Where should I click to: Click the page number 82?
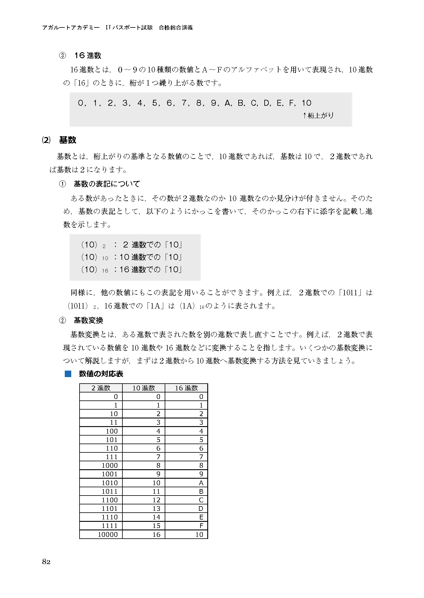(x=46, y=561)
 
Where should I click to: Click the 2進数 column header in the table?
(x=101, y=388)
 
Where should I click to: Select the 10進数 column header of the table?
(x=144, y=388)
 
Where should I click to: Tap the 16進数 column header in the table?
(x=186, y=388)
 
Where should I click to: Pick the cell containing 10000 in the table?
(x=108, y=534)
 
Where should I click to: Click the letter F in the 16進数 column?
(x=201, y=526)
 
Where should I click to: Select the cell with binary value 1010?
(x=110, y=483)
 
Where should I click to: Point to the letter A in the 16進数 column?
(x=201, y=483)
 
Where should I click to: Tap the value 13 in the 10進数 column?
(x=156, y=509)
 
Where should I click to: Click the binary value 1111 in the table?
(x=110, y=526)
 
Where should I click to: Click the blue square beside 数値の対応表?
(x=68, y=374)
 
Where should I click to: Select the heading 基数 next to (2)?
(x=68, y=140)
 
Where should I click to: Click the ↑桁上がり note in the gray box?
(x=318, y=115)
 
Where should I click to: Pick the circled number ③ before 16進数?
(x=62, y=56)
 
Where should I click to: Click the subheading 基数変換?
(x=88, y=320)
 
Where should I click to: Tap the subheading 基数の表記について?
(x=107, y=184)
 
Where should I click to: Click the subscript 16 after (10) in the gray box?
(x=105, y=271)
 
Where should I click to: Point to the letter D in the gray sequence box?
(x=267, y=103)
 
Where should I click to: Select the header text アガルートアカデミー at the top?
(x=71, y=27)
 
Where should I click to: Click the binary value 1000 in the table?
(x=110, y=466)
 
